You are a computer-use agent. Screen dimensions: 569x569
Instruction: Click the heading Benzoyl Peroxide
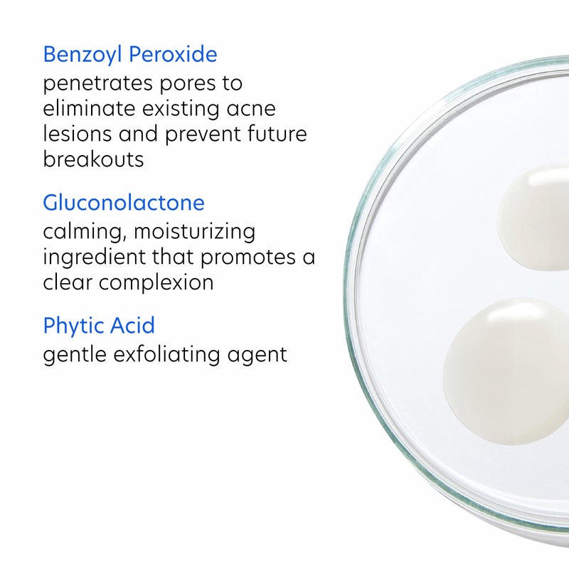[x=130, y=55]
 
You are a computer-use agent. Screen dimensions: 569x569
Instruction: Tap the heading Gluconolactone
[x=124, y=203]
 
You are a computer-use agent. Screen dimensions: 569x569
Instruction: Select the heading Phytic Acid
[x=99, y=326]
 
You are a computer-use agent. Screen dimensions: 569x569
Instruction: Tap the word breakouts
[x=93, y=159]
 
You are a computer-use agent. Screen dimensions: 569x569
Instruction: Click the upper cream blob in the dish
[x=536, y=217]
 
